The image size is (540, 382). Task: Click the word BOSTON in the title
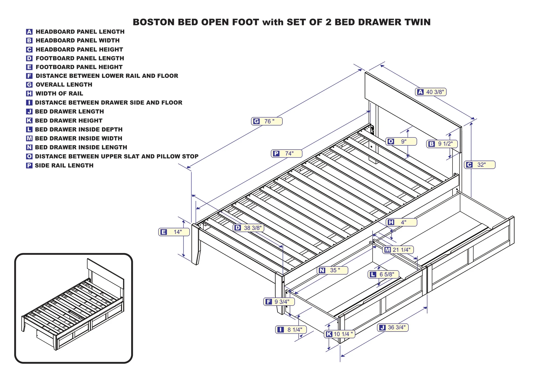coord(154,22)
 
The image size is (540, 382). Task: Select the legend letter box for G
coord(29,85)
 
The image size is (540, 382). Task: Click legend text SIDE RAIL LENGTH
coord(64,165)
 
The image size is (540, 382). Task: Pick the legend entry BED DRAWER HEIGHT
coord(69,121)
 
